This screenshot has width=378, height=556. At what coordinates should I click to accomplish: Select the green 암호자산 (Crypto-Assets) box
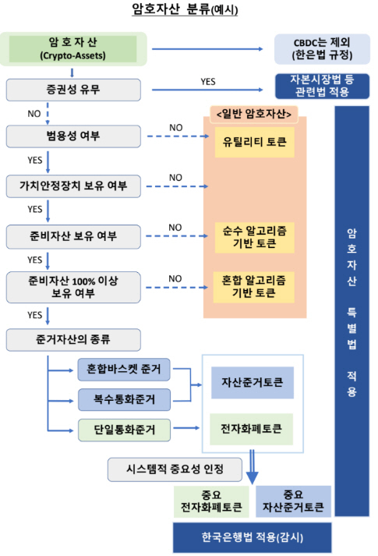[72, 48]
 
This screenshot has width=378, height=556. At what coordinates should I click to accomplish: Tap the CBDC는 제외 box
[322, 48]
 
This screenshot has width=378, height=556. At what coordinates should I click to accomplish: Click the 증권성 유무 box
[73, 89]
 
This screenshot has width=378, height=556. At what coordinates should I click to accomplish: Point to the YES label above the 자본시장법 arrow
[208, 80]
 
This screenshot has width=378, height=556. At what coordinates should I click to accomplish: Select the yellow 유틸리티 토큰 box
[255, 143]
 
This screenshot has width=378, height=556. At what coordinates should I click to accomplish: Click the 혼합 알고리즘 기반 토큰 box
[255, 286]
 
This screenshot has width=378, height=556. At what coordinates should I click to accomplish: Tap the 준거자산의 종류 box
[73, 339]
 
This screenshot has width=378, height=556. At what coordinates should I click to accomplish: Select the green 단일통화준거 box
[124, 428]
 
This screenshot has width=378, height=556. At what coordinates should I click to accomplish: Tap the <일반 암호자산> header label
[256, 115]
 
